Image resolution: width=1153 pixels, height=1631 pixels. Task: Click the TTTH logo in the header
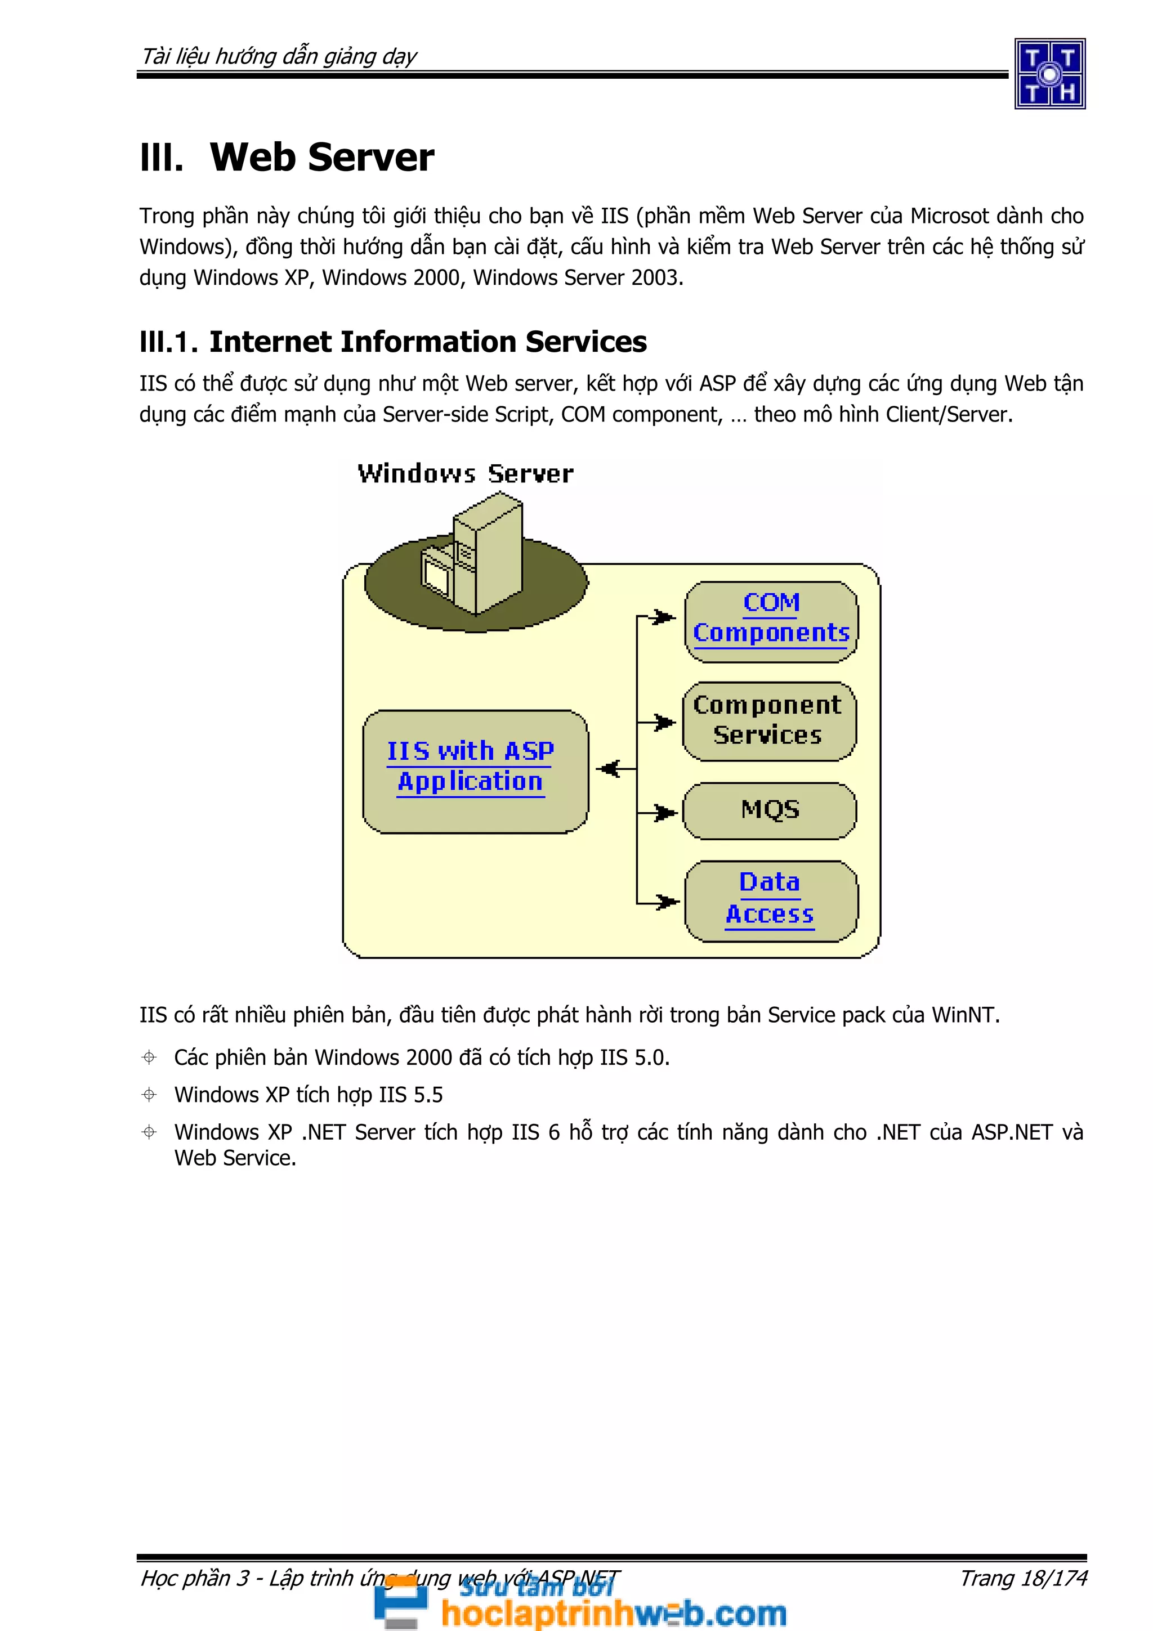[1049, 74]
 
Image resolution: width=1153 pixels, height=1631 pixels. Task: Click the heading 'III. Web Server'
[287, 157]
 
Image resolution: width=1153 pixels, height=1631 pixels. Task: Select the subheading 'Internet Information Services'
[428, 342]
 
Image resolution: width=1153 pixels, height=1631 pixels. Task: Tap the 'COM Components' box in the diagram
[771, 621]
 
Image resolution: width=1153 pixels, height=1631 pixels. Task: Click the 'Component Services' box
[768, 721]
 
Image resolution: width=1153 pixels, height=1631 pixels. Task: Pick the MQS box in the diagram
[770, 810]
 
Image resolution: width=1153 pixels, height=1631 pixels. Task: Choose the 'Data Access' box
[771, 900]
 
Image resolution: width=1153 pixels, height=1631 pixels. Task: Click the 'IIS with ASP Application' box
[475, 770]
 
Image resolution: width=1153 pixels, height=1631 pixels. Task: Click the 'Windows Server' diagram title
[466, 474]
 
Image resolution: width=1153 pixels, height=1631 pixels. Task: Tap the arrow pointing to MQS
[664, 812]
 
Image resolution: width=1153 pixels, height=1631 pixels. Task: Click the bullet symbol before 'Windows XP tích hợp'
[149, 1095]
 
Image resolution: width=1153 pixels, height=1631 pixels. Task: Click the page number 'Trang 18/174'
[1023, 1577]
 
